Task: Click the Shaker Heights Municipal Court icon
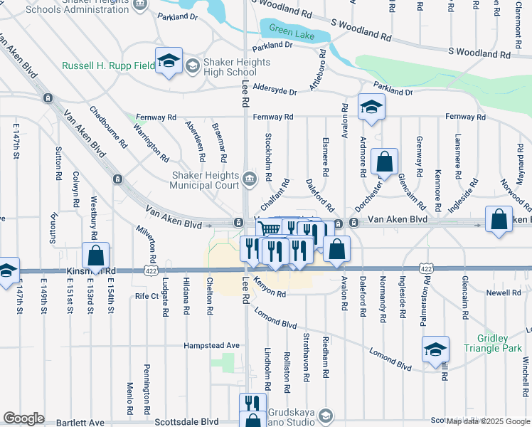(249, 178)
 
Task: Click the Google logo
(23, 418)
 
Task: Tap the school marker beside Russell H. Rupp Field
(169, 61)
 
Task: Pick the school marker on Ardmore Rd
(371, 107)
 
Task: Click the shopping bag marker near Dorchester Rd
(384, 162)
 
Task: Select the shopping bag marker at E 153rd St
(96, 255)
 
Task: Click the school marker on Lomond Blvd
(435, 349)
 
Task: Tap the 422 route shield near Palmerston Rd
(426, 268)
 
